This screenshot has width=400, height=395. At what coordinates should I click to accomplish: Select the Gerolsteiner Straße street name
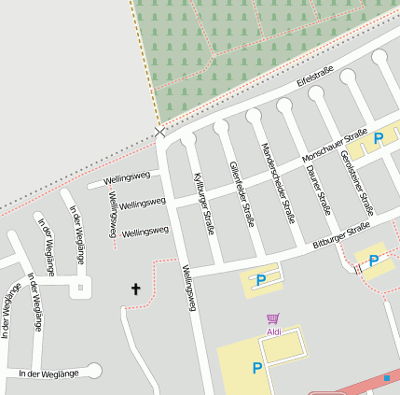pos(357,182)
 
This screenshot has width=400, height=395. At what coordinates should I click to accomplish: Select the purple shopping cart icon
pos(273,319)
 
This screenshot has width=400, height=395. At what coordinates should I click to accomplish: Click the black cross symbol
pos(135,289)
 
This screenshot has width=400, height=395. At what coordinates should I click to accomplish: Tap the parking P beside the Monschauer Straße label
pos(379,138)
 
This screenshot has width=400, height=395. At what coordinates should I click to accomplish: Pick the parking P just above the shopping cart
pos(261,279)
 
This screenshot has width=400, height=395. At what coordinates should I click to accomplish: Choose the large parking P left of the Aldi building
pos(256,369)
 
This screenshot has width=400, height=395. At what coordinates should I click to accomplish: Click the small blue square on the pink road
pos(386,378)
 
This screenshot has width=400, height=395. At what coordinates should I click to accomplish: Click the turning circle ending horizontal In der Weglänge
pos(93,371)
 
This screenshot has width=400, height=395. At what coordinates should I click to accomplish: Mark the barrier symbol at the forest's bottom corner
pos(160,132)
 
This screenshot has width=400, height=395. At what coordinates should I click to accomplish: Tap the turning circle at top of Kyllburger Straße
pos(188,138)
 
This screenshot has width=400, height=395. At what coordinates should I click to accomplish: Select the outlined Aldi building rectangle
pos(283,348)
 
